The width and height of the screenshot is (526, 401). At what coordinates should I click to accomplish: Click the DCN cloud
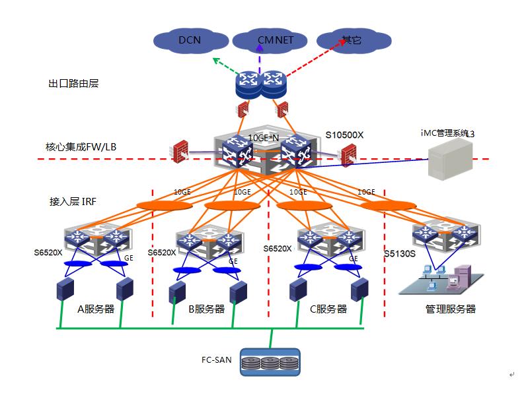pyautogui.click(x=189, y=41)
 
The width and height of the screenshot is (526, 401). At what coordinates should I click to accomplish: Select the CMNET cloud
pyautogui.click(x=271, y=41)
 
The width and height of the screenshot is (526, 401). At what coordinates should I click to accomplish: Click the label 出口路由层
pyautogui.click(x=73, y=84)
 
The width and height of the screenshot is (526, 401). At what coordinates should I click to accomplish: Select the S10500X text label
pyautogui.click(x=344, y=135)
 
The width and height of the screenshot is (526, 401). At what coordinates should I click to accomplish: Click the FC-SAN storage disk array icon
pyautogui.click(x=270, y=362)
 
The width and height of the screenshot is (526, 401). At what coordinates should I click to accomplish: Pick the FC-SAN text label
pyautogui.click(x=216, y=360)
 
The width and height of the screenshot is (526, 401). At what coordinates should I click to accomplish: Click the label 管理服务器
pyautogui.click(x=450, y=309)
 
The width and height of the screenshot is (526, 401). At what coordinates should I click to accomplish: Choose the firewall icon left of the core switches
pyautogui.click(x=179, y=151)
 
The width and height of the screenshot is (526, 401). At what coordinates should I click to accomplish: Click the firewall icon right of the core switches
pyautogui.click(x=346, y=155)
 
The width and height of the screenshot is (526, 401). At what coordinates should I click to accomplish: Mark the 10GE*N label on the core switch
pyautogui.click(x=264, y=138)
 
